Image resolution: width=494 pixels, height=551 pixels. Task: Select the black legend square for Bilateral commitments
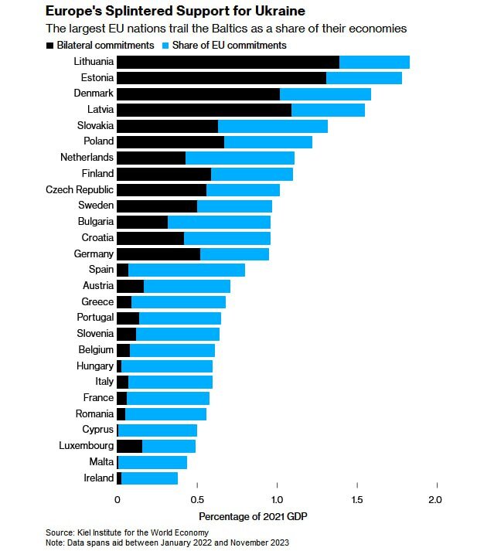point(50,46)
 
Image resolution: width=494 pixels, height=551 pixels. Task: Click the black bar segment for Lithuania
point(227,62)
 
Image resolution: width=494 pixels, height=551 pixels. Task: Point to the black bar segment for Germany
point(158,253)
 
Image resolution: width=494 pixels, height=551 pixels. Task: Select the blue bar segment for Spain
point(186,270)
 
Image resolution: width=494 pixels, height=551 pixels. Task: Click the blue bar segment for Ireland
point(149,478)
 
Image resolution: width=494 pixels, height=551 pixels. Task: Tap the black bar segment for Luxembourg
point(129,446)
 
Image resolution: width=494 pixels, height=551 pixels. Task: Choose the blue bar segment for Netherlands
point(240,158)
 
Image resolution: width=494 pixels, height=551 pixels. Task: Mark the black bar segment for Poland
point(170,141)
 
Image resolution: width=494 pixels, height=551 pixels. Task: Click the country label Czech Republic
point(80,189)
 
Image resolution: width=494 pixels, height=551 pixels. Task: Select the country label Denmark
point(93,94)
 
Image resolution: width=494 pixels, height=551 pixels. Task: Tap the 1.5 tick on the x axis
point(356,499)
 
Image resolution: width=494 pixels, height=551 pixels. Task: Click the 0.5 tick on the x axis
point(197,499)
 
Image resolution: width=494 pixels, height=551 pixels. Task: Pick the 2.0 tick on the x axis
point(436,499)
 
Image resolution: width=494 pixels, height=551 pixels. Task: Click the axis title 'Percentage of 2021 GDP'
point(254,515)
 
